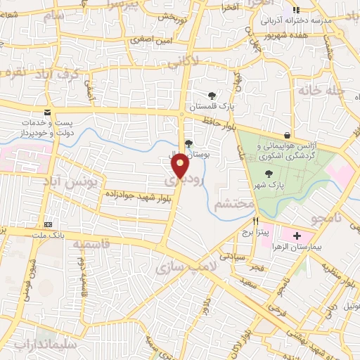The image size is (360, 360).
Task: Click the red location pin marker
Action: (x=180, y=166)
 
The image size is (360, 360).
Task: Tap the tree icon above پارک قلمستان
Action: (x=212, y=96)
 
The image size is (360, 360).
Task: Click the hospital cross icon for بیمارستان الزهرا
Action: (x=296, y=236)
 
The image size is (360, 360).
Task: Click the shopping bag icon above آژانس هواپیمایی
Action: (x=287, y=135)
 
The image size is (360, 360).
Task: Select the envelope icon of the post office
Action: (x=48, y=112)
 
